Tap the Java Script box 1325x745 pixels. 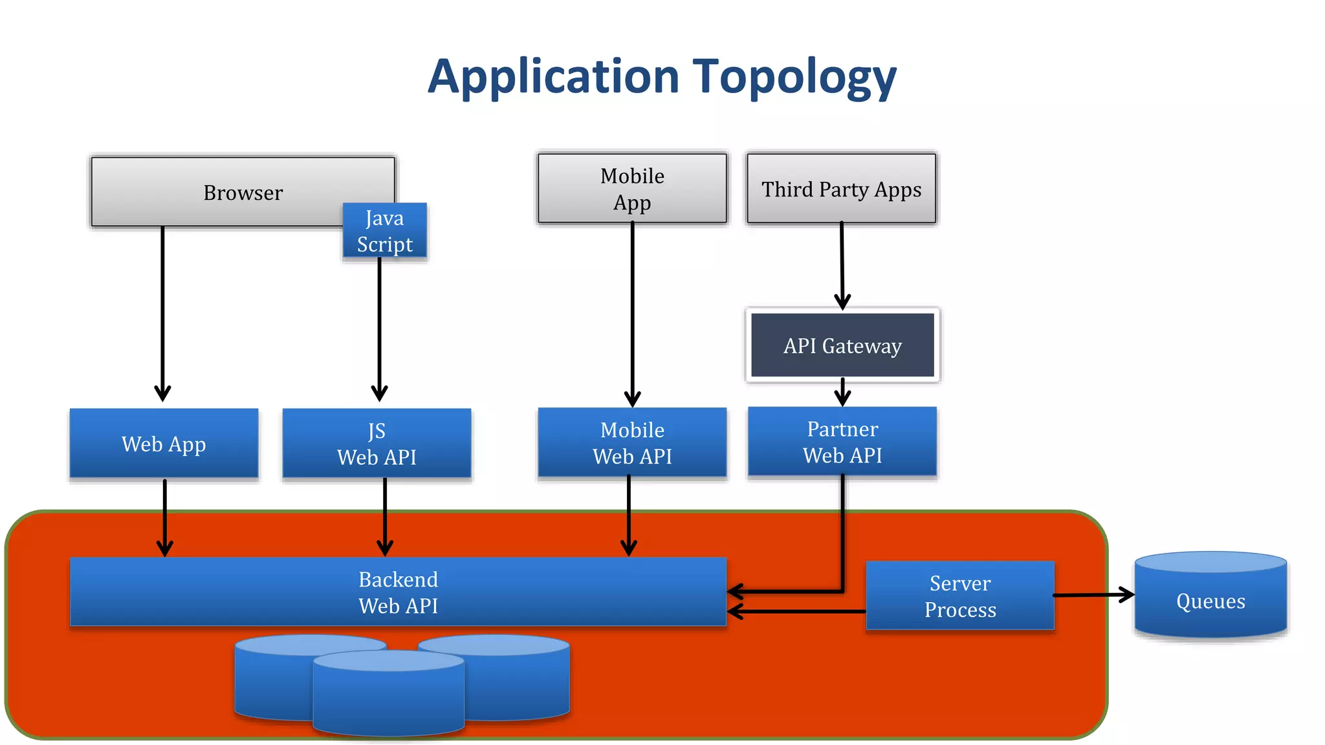click(384, 232)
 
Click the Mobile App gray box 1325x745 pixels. click(632, 189)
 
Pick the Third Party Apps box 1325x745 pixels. click(841, 189)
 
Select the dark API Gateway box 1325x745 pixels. click(842, 345)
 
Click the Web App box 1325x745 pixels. click(164, 444)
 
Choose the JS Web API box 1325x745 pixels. click(377, 444)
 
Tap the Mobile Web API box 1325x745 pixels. click(632, 443)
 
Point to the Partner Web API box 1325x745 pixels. click(842, 442)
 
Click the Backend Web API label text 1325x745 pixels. click(398, 592)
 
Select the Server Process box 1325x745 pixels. click(960, 596)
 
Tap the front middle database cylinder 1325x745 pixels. click(388, 695)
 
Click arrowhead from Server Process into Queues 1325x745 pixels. click(1128, 594)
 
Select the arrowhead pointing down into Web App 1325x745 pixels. click(162, 393)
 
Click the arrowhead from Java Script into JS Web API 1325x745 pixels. click(379, 393)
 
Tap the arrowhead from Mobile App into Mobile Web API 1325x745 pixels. click(632, 399)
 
